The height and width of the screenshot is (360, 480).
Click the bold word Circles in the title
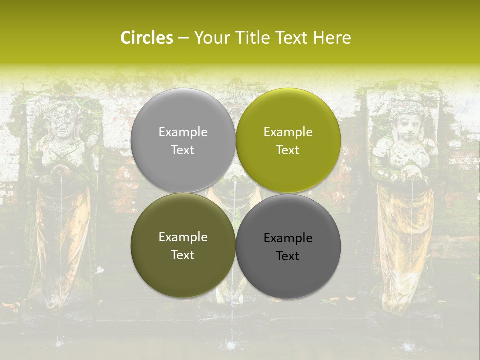(147, 38)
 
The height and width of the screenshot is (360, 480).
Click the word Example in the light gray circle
(183, 132)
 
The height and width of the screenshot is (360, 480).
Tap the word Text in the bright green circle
(288, 150)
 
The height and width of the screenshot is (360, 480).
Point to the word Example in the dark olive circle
(183, 237)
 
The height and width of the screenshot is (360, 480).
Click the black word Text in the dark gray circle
(288, 256)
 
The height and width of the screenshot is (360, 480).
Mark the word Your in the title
(210, 38)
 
